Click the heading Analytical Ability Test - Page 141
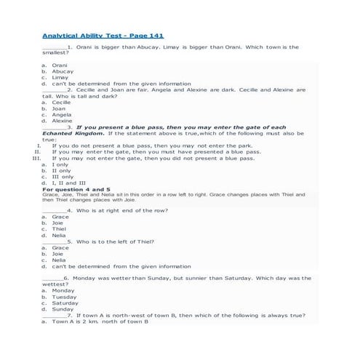tap(97, 35)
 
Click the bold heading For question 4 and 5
tap(76, 189)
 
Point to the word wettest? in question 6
tap(55, 284)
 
